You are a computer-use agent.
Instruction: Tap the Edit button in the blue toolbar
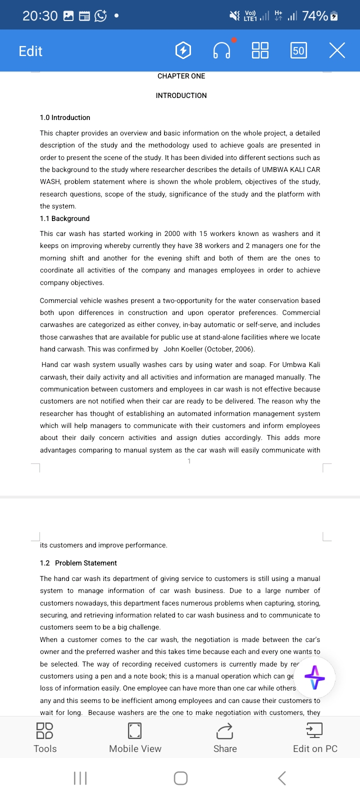[x=30, y=51]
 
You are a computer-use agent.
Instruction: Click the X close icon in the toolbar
[x=337, y=50]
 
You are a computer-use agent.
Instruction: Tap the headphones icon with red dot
[x=222, y=50]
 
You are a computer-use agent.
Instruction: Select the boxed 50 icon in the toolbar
[x=298, y=50]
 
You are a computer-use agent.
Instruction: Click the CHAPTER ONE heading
[x=181, y=76]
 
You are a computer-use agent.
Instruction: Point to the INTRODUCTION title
[x=181, y=95]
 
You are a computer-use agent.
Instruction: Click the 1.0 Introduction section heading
[x=65, y=117]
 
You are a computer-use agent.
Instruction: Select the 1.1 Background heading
[x=64, y=218]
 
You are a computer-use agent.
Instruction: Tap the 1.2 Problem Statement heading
[x=78, y=563]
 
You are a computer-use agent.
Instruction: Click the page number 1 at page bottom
[x=189, y=461]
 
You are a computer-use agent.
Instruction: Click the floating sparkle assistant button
[x=314, y=678]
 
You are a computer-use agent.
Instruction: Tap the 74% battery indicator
[x=320, y=16]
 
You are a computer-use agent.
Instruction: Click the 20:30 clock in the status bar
[x=40, y=16]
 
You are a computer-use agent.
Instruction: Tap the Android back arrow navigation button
[x=282, y=778]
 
